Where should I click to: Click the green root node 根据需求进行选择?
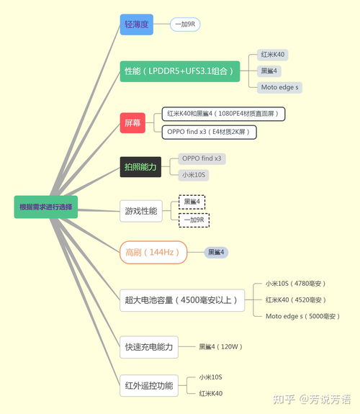click(x=46, y=207)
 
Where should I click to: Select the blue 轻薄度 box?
click(x=137, y=24)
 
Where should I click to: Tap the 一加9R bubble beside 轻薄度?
click(x=185, y=24)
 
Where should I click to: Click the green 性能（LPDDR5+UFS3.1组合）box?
click(x=180, y=71)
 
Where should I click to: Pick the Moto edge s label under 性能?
click(x=279, y=87)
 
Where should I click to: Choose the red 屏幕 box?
click(x=132, y=123)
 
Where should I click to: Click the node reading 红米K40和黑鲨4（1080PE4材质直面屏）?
click(x=223, y=114)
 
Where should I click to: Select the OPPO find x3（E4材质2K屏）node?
click(x=210, y=132)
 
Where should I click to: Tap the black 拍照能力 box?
click(x=140, y=167)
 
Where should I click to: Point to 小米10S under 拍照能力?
click(x=194, y=175)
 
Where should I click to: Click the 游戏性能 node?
click(x=141, y=211)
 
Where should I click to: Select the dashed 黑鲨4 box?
click(x=192, y=202)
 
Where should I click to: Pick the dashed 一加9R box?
click(x=194, y=220)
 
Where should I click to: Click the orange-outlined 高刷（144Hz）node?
click(x=153, y=253)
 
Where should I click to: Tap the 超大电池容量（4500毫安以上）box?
click(x=182, y=300)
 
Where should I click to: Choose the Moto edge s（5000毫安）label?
click(x=302, y=316)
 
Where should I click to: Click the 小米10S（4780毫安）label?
click(x=295, y=284)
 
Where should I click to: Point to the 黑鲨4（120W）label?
click(x=220, y=346)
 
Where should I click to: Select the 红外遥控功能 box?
click(x=149, y=385)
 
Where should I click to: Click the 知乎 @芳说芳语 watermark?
click(x=312, y=399)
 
